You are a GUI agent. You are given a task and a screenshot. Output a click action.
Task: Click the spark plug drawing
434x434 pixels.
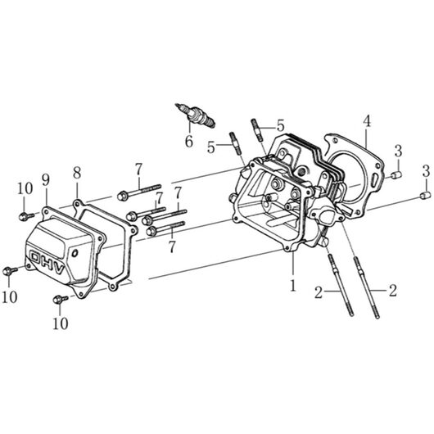tap(195, 115)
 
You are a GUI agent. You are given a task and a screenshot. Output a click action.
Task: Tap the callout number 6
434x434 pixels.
tap(189, 142)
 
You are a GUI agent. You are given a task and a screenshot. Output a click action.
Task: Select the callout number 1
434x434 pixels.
tap(293, 285)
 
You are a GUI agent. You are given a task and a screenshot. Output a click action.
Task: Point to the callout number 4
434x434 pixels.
tap(367, 121)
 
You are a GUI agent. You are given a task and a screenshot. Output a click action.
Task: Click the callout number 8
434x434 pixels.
tap(77, 173)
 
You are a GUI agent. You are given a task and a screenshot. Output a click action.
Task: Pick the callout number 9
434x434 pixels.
tap(46, 180)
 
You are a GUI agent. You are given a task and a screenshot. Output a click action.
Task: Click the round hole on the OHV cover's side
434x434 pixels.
tap(75, 252)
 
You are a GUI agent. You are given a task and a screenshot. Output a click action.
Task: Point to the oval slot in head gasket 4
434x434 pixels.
tap(374, 179)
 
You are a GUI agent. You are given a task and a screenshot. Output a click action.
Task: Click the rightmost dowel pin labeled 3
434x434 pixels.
tap(426, 195)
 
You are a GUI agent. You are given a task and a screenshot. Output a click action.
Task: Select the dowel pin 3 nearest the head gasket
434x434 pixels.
tap(397, 175)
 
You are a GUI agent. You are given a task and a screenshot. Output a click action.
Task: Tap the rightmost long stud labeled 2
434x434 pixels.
tap(366, 287)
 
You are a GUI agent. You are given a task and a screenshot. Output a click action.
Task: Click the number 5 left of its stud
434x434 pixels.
tap(211, 147)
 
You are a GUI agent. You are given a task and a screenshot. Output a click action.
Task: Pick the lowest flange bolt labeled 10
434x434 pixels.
tap(61, 299)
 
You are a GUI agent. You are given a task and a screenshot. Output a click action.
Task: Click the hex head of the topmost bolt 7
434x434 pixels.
tap(122, 196)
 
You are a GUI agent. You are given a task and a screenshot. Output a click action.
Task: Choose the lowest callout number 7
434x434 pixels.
tap(172, 247)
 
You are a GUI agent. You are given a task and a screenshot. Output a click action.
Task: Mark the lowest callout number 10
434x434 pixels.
tap(61, 323)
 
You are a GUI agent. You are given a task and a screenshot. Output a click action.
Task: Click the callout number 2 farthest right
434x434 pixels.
tap(393, 291)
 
